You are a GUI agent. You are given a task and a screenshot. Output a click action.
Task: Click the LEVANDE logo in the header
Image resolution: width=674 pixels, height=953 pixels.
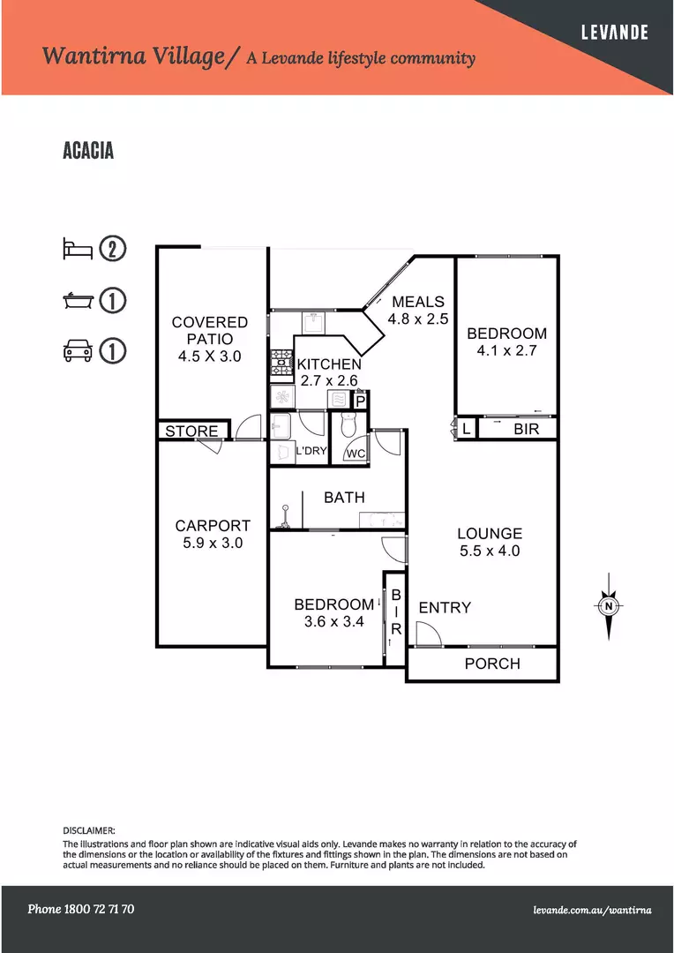[614, 33]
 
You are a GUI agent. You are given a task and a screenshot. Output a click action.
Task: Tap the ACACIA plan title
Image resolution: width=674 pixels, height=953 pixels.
[88, 151]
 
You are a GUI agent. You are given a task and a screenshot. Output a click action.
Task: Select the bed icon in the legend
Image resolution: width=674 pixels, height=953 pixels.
[78, 249]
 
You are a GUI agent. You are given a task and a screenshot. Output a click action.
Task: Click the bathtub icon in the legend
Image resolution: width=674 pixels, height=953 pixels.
[78, 300]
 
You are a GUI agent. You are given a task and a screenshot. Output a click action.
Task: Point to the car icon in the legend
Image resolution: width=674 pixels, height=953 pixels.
[78, 351]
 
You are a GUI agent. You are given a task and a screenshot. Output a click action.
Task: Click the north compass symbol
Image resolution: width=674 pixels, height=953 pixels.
[609, 606]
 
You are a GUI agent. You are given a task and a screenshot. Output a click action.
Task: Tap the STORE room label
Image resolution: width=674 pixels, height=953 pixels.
[191, 431]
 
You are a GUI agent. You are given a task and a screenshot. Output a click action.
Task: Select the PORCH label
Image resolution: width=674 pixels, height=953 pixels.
[492, 664]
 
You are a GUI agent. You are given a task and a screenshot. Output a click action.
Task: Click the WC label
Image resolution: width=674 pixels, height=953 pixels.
[356, 454]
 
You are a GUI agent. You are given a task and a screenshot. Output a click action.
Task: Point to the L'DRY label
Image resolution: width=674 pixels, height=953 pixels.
[311, 451]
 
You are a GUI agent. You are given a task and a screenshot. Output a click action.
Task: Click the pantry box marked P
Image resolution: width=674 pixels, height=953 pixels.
[360, 401]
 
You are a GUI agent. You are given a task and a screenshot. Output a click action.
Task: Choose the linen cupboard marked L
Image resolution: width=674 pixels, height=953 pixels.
[466, 429]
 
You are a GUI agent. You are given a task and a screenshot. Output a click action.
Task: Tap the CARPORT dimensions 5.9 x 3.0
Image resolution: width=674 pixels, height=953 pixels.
[213, 543]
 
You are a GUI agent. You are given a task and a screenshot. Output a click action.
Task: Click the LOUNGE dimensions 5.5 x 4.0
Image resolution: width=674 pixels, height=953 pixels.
[490, 551]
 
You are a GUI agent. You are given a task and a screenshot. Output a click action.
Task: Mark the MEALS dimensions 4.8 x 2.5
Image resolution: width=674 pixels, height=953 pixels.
[418, 319]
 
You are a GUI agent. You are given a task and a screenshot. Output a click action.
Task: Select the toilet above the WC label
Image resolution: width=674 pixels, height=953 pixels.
[348, 424]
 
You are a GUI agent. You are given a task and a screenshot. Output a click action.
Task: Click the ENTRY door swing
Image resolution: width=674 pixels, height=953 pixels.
[429, 634]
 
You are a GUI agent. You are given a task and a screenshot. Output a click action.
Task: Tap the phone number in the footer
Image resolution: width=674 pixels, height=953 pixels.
[81, 909]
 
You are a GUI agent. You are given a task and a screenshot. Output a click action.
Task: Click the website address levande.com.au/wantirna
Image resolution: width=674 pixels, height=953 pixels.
[592, 910]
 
